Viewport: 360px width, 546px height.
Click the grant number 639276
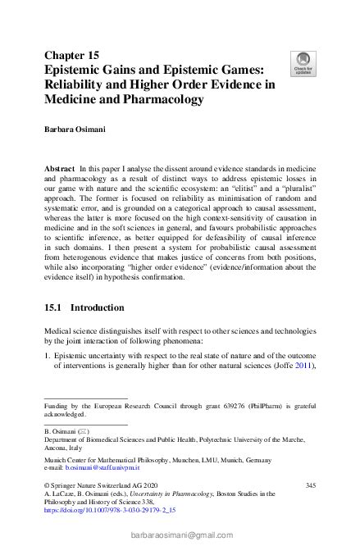tap(229, 405)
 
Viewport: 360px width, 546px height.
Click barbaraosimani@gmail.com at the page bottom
tap(180, 535)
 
